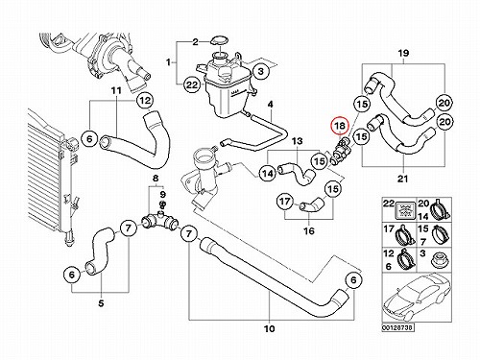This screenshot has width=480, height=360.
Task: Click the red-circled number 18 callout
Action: point(340,126)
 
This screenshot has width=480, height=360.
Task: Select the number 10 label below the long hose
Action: point(270,328)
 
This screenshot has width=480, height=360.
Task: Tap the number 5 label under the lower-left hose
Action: point(101,303)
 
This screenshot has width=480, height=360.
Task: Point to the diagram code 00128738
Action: point(397,328)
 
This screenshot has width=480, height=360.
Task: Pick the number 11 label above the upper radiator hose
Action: point(116,90)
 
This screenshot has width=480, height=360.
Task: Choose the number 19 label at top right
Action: point(403,53)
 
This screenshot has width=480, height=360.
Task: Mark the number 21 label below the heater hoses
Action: point(402,179)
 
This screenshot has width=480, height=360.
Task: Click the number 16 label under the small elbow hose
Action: point(309,230)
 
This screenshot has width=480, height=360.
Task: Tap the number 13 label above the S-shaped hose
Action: point(298,141)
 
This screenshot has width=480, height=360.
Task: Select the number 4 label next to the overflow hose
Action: point(271,105)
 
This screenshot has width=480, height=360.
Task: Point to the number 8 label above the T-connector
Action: point(156,179)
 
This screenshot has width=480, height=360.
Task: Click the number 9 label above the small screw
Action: point(162,194)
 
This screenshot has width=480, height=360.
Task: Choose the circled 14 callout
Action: point(268,173)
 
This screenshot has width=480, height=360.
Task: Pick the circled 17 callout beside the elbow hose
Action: point(284,202)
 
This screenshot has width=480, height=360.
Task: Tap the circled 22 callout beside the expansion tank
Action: point(192,84)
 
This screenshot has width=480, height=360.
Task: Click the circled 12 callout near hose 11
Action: point(145,101)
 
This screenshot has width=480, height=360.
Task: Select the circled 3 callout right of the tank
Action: point(261,71)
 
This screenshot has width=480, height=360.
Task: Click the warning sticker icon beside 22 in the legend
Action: point(405,209)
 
